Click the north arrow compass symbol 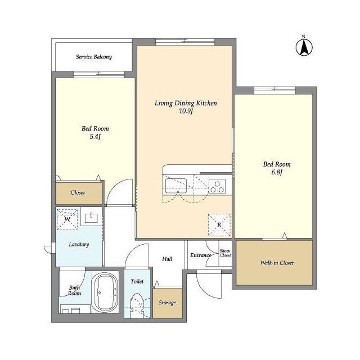click(304, 47)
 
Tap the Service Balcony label click(94, 57)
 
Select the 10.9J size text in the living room click(186, 111)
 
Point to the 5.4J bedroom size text click(95, 137)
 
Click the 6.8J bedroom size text click(276, 172)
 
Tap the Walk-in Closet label click(277, 263)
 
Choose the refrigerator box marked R click(219, 225)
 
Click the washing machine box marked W click(67, 219)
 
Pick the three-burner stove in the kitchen click(217, 186)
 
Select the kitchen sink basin click(175, 186)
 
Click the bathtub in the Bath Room click(105, 292)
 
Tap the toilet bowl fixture click(137, 305)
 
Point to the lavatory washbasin click(91, 218)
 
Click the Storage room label click(168, 303)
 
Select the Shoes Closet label click(225, 253)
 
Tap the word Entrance click(200, 255)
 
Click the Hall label click(167, 259)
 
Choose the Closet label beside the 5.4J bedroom click(78, 192)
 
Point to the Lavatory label click(79, 245)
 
